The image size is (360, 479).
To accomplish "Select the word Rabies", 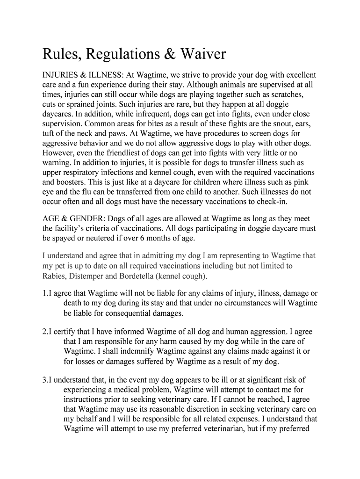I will [x=55, y=276].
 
